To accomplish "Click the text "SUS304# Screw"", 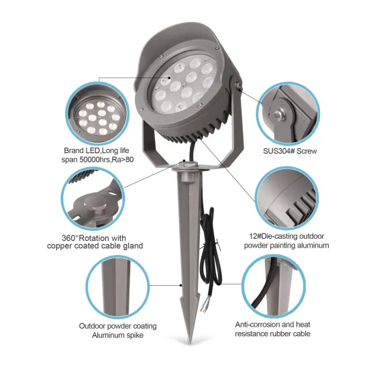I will click(289, 151).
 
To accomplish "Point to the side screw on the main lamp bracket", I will click(238, 83).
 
